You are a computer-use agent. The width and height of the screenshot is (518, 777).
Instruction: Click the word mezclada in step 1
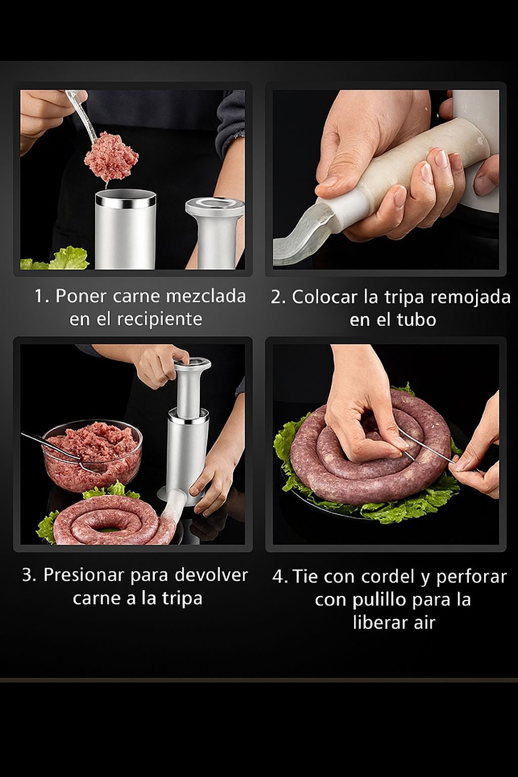[x=206, y=296]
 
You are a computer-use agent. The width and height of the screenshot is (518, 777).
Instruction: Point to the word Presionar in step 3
[x=83, y=575]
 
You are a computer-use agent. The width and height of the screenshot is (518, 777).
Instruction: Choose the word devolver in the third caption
[x=211, y=575]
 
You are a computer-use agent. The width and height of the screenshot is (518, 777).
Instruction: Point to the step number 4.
[x=280, y=577]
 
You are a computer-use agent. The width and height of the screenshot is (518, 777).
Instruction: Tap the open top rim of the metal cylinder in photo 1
[x=125, y=198]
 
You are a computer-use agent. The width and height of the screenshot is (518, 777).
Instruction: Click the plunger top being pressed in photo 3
[x=193, y=366]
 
